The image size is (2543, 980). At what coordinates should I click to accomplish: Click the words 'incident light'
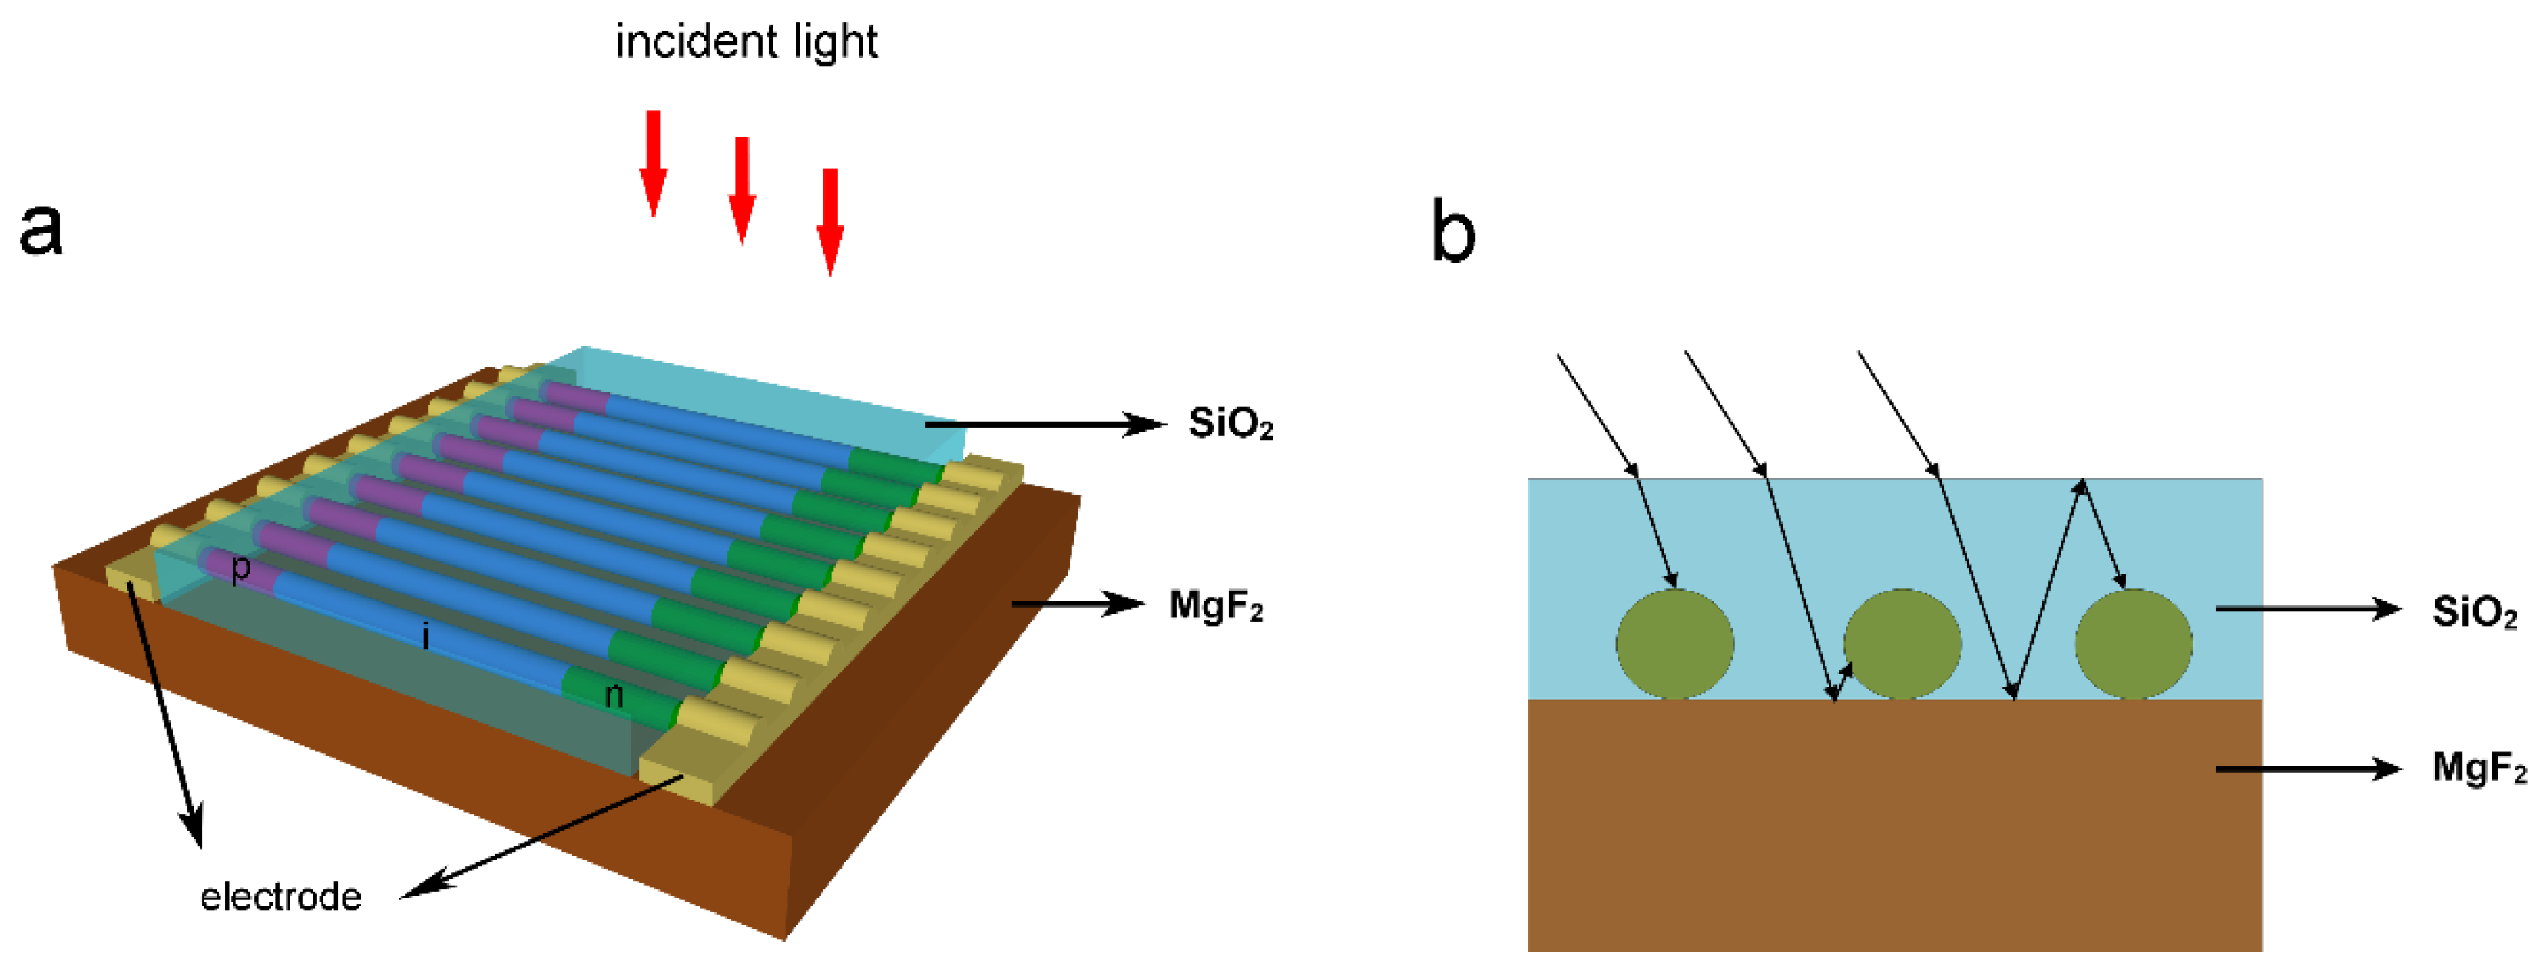coord(747,42)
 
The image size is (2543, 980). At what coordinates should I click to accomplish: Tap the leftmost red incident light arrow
coord(653,162)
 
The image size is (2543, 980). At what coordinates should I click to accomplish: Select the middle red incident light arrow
coord(741,190)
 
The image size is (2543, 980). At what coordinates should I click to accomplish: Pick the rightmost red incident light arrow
coord(830,221)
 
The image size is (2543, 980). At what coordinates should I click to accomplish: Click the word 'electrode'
coord(280,896)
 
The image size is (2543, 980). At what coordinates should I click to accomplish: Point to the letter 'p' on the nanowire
coord(240,568)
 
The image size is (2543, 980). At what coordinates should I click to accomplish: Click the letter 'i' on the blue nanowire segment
coord(425,637)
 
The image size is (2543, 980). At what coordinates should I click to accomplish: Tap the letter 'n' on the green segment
coord(613,696)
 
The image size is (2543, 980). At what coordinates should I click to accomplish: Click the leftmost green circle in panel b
coord(1674,644)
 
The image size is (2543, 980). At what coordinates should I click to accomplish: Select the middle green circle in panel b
coord(1902,644)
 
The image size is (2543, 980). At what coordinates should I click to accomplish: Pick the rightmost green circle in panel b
coord(2134,644)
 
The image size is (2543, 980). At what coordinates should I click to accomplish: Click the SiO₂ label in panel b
coord(2474,612)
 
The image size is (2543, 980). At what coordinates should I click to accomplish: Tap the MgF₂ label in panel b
coord(2478,766)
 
